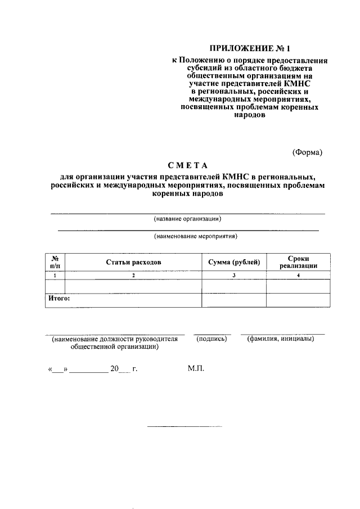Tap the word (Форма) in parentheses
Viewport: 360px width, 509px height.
click(x=307, y=152)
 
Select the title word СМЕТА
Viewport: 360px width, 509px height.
click(x=187, y=165)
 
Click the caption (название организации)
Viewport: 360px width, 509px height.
click(x=187, y=219)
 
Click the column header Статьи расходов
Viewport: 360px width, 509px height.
click(x=134, y=262)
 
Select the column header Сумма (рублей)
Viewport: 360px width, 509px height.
click(x=233, y=262)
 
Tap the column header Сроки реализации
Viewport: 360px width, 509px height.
click(x=298, y=262)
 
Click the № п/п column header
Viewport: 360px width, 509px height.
click(x=55, y=262)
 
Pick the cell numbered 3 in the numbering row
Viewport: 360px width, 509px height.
click(x=233, y=276)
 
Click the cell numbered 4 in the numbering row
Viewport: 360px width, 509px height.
click(x=298, y=276)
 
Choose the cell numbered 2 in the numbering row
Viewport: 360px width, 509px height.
click(x=134, y=276)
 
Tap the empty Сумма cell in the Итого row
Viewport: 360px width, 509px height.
click(x=233, y=300)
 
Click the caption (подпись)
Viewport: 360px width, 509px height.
click(x=211, y=339)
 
